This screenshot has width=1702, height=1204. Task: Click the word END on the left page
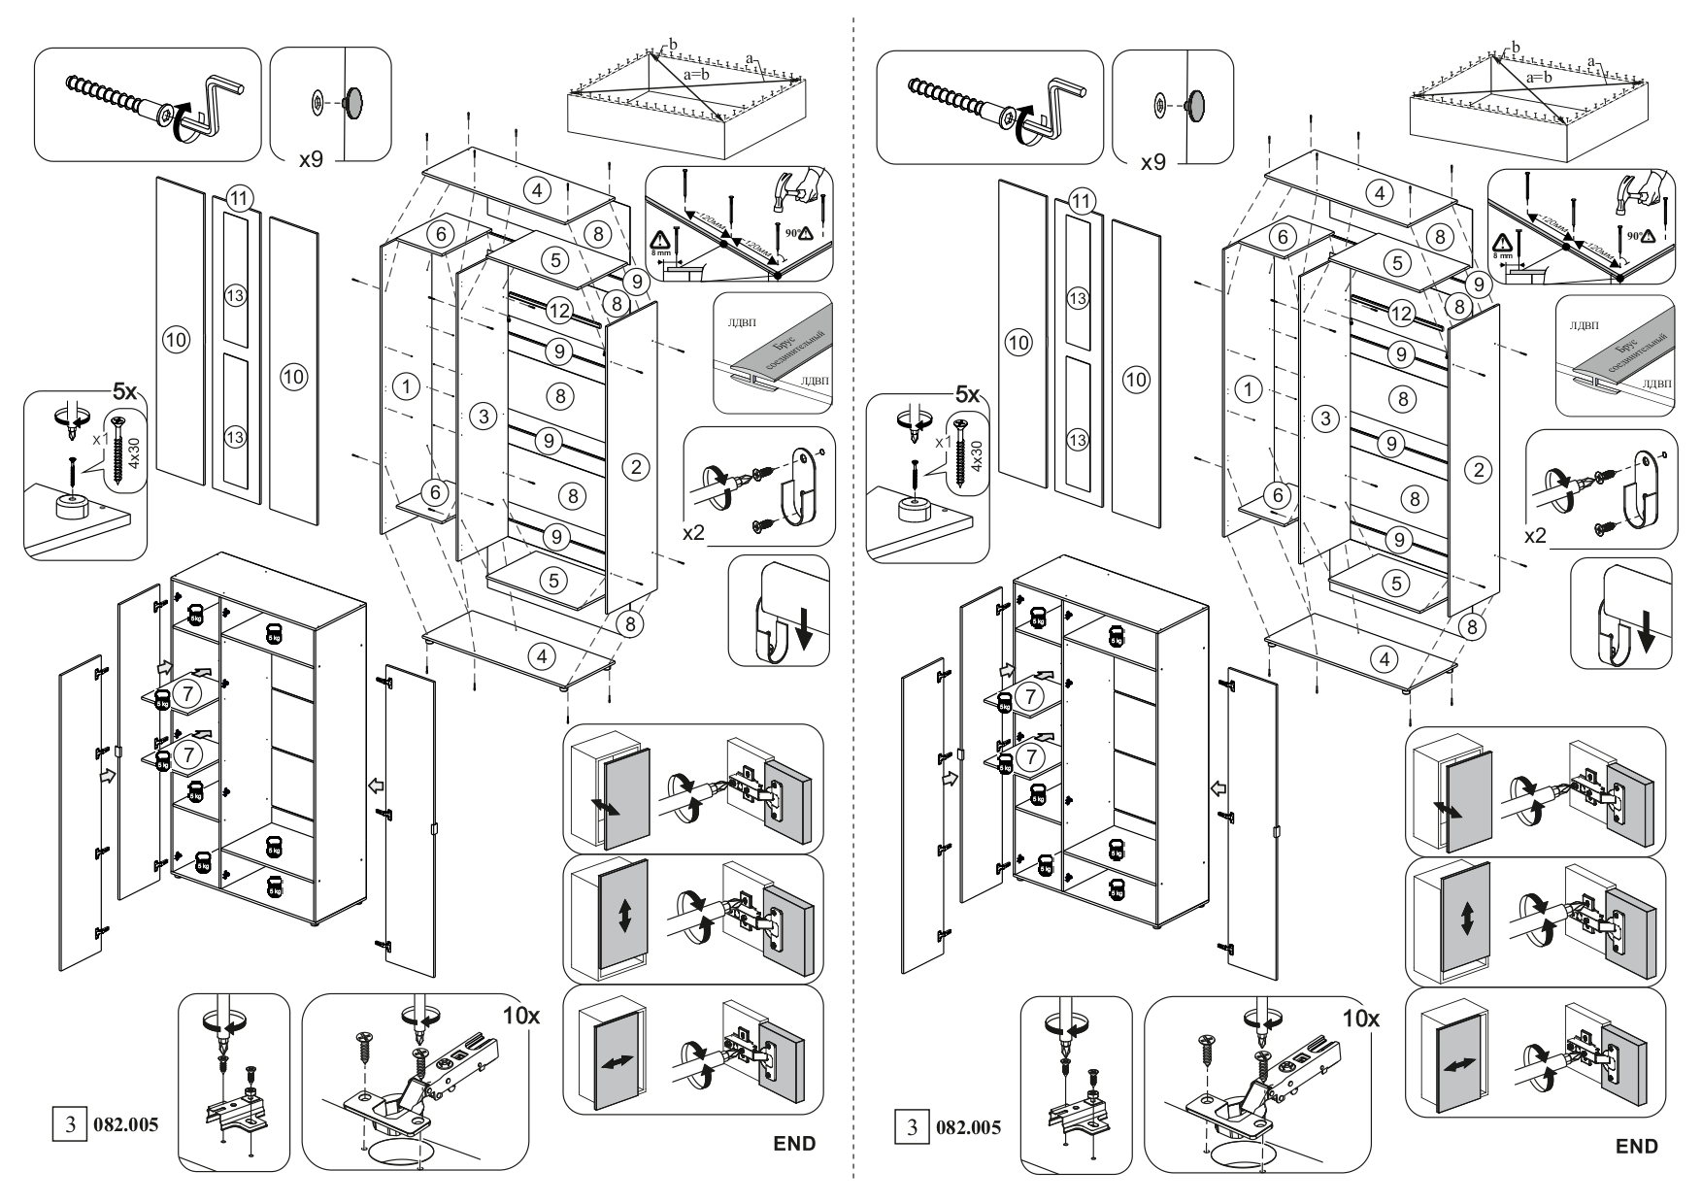point(793,1143)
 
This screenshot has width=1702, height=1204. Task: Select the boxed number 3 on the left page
point(68,1126)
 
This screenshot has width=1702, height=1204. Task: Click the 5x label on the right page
point(968,395)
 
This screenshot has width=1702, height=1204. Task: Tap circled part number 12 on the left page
point(558,312)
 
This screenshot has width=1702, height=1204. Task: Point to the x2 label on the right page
point(1535,535)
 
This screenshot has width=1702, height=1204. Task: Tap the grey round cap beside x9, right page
point(1195,102)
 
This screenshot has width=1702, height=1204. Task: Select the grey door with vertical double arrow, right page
point(1466,918)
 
